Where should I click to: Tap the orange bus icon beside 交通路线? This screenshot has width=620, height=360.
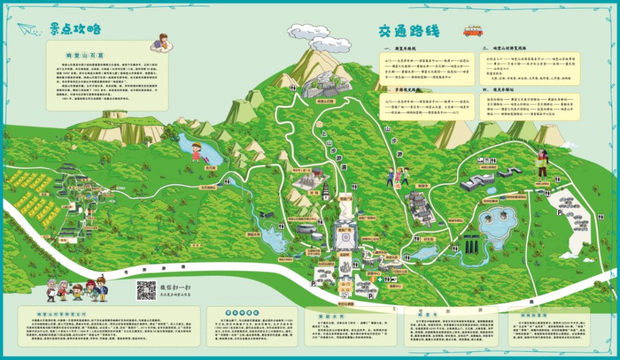click(x=473, y=30)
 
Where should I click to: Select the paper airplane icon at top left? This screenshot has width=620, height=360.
click(x=27, y=28)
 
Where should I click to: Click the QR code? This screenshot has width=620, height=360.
click(x=146, y=289)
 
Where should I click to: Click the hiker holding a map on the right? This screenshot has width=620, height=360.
click(x=543, y=162)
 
